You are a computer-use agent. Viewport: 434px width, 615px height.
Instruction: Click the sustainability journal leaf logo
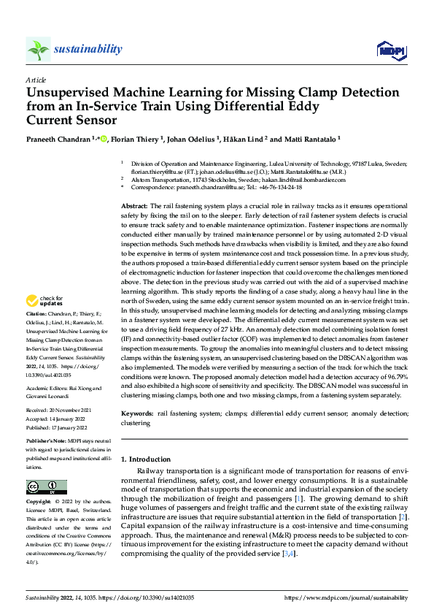(x=39, y=50)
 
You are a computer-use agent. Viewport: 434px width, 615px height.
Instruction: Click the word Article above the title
(x=35, y=80)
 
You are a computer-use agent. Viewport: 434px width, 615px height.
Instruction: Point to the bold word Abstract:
(x=135, y=208)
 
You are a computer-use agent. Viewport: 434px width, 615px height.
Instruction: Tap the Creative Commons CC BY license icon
(x=46, y=487)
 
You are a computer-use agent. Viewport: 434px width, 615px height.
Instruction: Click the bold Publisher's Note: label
(x=47, y=443)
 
